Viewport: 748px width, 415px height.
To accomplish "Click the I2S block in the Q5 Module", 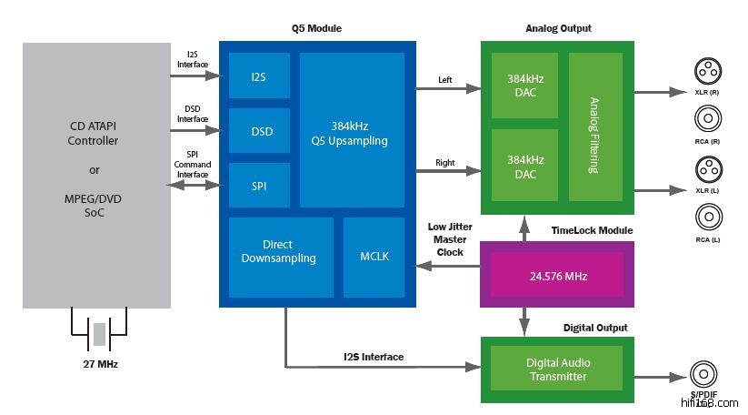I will (x=259, y=76).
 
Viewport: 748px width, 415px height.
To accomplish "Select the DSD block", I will (x=259, y=131).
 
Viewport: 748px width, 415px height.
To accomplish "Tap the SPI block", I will (x=259, y=186).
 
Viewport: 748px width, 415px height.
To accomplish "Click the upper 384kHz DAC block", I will (x=524, y=86).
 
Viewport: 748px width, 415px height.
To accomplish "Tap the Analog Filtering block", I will (x=595, y=127).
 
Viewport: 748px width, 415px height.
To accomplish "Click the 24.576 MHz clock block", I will (x=557, y=274).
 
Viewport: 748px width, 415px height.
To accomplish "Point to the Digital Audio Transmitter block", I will (x=557, y=369).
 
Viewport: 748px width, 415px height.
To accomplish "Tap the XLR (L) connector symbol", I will (x=707, y=170).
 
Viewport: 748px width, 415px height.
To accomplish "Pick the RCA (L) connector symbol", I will (x=707, y=217).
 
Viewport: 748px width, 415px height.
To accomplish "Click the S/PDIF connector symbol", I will (x=703, y=375).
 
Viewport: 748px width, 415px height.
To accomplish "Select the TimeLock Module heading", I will (x=591, y=230).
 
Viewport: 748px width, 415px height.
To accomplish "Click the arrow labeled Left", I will (x=448, y=88).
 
